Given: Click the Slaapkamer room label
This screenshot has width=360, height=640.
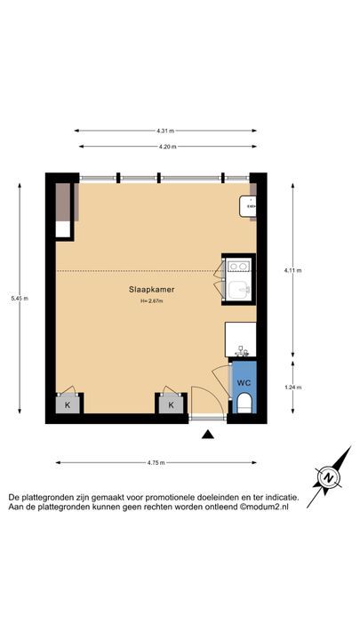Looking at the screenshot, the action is [x=151, y=290].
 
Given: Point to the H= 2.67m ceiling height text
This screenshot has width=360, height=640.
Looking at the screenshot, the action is [x=151, y=301].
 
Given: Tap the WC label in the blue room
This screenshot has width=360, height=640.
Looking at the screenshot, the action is [x=244, y=383].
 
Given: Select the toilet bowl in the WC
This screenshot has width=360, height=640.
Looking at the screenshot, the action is [x=244, y=403].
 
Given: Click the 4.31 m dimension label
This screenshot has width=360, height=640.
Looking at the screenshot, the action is [x=165, y=131].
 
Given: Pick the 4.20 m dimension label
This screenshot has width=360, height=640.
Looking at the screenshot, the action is [x=168, y=147].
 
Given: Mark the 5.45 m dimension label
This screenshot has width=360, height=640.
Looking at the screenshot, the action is [x=20, y=299].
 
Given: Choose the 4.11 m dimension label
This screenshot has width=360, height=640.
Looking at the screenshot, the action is [x=292, y=270].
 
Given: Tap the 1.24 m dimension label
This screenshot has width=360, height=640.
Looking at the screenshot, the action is [x=292, y=388].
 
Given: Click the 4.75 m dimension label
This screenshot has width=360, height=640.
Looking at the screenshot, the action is [x=156, y=462].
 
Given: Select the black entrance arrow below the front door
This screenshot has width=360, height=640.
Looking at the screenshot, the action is [x=208, y=435].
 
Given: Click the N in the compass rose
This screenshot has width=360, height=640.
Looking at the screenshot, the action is [x=329, y=477].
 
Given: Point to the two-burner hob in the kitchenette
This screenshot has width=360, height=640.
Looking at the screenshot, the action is [x=238, y=266].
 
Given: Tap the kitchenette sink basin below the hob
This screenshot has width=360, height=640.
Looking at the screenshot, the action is [x=238, y=290].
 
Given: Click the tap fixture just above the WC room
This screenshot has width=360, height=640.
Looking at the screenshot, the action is [x=241, y=351].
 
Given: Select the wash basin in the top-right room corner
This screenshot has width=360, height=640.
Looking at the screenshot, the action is [x=247, y=206].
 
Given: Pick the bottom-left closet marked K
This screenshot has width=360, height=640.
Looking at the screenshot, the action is [x=67, y=405].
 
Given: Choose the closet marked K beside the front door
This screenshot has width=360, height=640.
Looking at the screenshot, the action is [x=171, y=405].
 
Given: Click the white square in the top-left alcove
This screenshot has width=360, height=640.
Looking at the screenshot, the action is [x=63, y=229].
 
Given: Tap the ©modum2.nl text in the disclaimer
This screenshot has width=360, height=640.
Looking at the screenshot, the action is [x=264, y=507].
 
